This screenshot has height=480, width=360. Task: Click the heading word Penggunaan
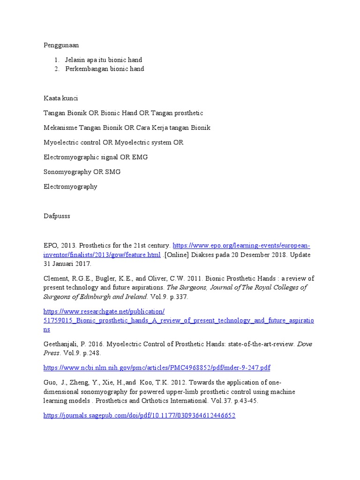(x=61, y=45)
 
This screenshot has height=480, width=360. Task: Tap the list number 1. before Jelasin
(x=56, y=60)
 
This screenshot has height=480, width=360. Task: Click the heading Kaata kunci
(x=61, y=98)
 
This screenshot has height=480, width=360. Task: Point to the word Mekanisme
(x=60, y=128)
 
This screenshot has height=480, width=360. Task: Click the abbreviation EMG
(x=140, y=157)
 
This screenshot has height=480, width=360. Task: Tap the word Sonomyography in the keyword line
(x=67, y=172)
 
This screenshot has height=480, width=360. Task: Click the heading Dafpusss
(x=57, y=216)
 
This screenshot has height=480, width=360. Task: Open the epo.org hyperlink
(x=241, y=246)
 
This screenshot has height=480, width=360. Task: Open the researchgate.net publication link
(x=179, y=320)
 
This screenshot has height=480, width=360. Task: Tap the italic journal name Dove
(x=304, y=344)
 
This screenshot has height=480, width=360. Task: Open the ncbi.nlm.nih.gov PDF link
(x=157, y=367)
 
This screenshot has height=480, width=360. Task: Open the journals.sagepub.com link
(x=139, y=415)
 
